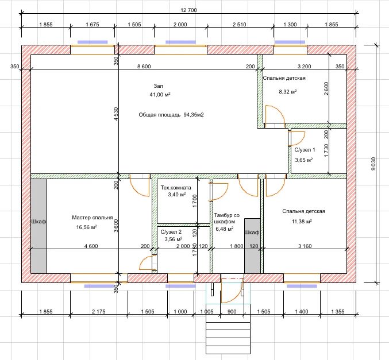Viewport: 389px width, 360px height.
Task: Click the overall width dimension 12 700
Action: point(188,10)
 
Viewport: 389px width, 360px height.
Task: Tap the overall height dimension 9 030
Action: point(373,164)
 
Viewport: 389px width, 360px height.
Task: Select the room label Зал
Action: point(158,86)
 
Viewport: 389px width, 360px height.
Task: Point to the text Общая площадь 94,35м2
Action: point(171,115)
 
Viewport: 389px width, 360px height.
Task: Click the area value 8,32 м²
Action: point(288,92)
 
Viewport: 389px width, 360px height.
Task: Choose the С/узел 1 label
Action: point(305,150)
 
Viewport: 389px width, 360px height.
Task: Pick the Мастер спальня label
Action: point(93,218)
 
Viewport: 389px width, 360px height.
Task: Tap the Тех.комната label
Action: point(176,188)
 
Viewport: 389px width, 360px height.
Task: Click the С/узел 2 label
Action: point(171,232)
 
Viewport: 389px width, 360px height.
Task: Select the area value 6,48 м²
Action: point(225,229)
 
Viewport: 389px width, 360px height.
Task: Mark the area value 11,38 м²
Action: point(302,222)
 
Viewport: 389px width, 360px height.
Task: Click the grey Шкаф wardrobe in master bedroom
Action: point(38,226)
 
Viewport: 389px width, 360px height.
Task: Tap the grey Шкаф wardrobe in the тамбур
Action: point(252,246)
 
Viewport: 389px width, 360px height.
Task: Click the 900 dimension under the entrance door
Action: point(232,311)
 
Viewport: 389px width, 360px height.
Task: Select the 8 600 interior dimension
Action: point(144,66)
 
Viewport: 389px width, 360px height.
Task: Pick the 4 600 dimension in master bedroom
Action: point(91,246)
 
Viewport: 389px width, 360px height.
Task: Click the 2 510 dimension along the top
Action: point(240,24)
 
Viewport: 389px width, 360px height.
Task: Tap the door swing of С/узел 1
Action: point(296,138)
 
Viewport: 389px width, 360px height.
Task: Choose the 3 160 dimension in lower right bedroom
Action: point(305,246)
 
